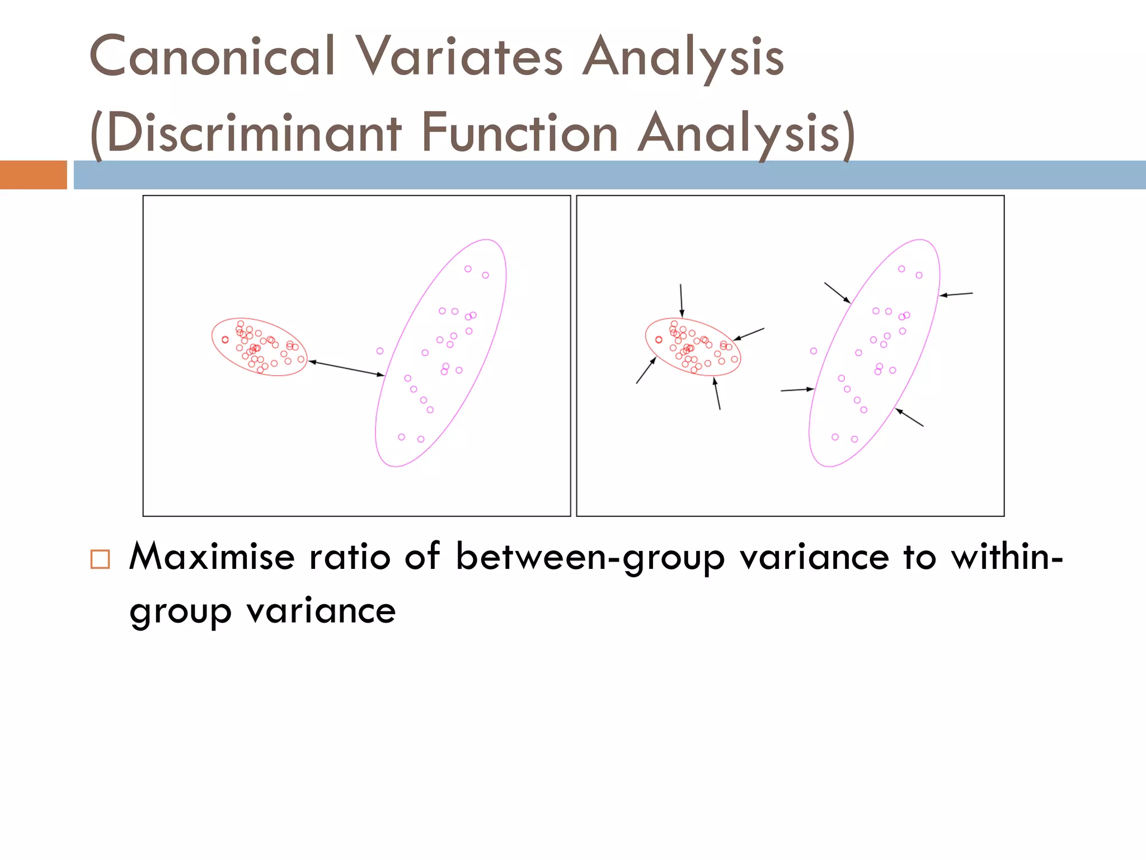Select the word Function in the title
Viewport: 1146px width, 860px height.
pyautogui.click(x=519, y=133)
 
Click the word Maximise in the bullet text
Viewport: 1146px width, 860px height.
pyautogui.click(x=212, y=557)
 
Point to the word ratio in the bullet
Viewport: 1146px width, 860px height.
pyautogui.click(x=349, y=557)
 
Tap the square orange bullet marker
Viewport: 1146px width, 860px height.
pyautogui.click(x=100, y=559)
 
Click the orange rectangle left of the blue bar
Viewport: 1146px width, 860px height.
pyautogui.click(x=33, y=175)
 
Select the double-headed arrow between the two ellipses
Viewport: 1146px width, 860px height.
pyautogui.click(x=346, y=368)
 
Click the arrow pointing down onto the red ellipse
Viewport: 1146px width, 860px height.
pyautogui.click(x=681, y=301)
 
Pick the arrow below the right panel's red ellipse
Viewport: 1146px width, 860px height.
pyautogui.click(x=717, y=394)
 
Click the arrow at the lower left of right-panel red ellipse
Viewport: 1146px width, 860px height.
pyautogui.click(x=646, y=370)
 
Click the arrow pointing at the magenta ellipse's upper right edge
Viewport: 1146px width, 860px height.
pyautogui.click(x=956, y=294)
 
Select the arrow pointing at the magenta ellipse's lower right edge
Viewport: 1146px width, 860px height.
pyautogui.click(x=909, y=418)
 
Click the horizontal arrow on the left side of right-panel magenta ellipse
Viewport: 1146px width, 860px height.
pyautogui.click(x=797, y=389)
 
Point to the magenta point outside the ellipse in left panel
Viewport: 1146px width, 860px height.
pyautogui.click(x=380, y=351)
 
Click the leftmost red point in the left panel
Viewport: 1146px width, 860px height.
pyautogui.click(x=225, y=340)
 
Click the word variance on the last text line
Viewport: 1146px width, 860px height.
pyautogui.click(x=321, y=611)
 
